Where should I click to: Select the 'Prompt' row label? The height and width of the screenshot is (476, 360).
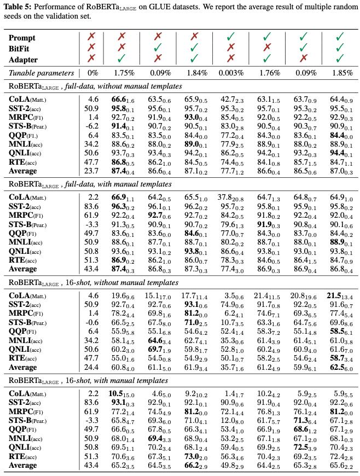22,38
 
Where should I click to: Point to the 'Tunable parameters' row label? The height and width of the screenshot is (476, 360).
41,73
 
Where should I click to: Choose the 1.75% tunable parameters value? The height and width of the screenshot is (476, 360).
123,73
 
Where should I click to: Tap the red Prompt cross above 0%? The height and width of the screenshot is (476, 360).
92,38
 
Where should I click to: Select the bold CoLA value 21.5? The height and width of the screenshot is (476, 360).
338,295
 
